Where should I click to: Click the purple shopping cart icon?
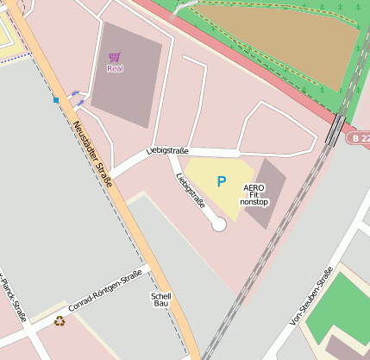115,57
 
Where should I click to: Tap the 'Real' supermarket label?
115,68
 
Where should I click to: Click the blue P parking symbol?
222,182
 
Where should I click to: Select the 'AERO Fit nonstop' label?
254,194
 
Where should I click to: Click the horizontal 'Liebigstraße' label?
169,150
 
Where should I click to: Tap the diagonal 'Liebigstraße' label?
190,192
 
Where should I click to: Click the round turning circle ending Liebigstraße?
219,224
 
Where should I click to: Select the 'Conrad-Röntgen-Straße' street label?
106,293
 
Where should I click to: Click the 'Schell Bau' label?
161,300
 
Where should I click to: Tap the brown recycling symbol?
60,321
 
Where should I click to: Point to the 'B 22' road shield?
360,138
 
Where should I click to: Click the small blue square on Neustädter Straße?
56,100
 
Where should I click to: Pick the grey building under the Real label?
125,95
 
